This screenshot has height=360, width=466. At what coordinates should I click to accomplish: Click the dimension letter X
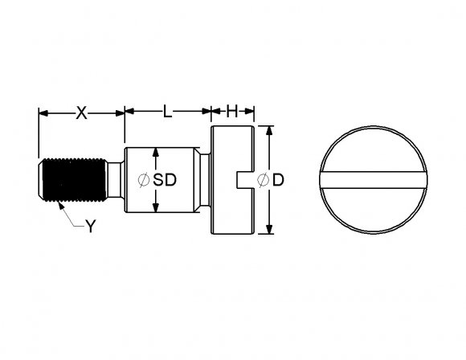82,113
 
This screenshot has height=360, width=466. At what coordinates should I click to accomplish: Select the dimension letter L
167,111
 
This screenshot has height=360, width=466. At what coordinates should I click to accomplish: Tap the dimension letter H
232,111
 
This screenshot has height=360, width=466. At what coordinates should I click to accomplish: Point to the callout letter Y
91,227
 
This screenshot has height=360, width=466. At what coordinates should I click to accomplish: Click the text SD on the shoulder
165,180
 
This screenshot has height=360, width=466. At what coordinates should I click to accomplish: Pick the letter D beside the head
278,180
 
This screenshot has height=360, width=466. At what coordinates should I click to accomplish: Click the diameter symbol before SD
144,180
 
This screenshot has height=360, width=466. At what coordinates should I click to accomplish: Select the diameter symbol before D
263,180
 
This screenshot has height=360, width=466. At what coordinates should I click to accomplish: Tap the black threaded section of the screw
74,180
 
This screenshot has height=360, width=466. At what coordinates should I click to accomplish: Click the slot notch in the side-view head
245,180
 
